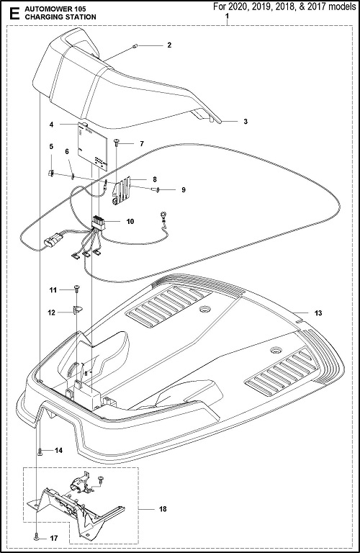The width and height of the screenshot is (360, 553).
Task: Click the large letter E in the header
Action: (x=14, y=14)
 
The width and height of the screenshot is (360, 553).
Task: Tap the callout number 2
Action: (x=169, y=45)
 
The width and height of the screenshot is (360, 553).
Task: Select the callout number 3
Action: (x=246, y=121)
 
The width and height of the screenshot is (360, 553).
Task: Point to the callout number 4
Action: (x=51, y=125)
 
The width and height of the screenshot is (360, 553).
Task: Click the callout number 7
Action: (x=142, y=144)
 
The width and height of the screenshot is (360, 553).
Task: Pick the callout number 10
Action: (x=130, y=222)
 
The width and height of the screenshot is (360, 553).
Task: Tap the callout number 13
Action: (x=318, y=313)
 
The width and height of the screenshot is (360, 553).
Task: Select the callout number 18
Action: (x=163, y=509)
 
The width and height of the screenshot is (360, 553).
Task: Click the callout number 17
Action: (x=53, y=539)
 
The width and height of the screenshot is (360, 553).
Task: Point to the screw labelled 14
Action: (x=40, y=451)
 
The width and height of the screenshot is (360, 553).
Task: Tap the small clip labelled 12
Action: (x=77, y=310)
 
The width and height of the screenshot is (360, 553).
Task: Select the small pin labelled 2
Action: (x=136, y=45)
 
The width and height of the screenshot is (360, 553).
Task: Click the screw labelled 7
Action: (x=117, y=142)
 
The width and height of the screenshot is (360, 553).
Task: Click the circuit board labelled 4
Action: (x=92, y=146)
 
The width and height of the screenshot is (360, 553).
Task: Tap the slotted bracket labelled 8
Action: (x=122, y=190)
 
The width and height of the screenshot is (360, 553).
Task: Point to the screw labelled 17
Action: (x=37, y=539)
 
